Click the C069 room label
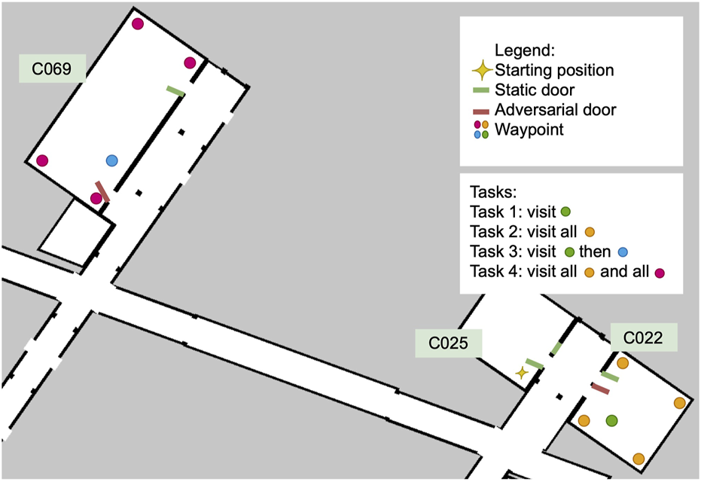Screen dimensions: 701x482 [x=51, y=69]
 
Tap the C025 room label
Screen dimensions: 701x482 [x=449, y=344]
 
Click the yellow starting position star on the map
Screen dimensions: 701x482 [x=521, y=372]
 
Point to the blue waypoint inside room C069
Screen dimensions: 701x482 [x=111, y=160]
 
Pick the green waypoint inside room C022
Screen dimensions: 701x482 [x=611, y=419]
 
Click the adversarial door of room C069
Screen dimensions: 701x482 [x=102, y=191]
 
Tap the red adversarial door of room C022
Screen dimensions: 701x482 [x=600, y=388]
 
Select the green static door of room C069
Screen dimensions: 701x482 [x=175, y=91]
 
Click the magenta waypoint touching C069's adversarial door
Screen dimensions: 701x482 [x=96, y=199]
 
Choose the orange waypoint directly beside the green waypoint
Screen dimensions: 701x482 [x=584, y=420]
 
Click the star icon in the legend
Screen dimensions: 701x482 [x=480, y=71]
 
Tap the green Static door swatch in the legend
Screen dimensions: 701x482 [x=481, y=90]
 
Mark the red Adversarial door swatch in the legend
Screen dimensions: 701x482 [x=481, y=111]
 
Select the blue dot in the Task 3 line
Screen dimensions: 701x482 [x=623, y=252]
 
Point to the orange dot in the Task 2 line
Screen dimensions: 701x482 [x=590, y=232]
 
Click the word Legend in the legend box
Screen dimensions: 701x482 [x=524, y=51]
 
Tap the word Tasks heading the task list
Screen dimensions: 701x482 [x=490, y=191]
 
